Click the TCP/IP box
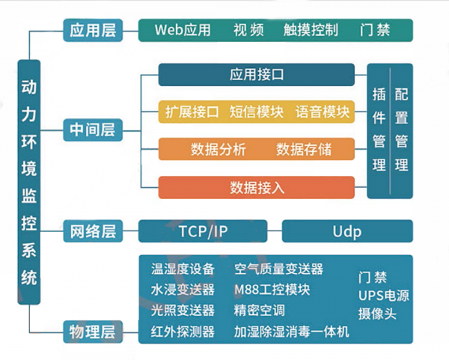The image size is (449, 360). pos(203,231)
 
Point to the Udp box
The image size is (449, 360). pos(346,231)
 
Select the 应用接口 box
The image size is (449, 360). pos(257,75)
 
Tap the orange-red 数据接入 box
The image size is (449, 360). pos(257,187)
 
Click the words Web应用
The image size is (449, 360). pos(183,30)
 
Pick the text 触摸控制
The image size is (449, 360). pos(311,30)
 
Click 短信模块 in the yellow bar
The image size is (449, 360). pos(257,112)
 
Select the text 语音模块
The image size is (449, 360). pos(323,112)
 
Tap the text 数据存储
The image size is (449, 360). pos(304,149)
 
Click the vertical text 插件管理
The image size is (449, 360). pos(379,129)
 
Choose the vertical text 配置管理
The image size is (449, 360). pos(401,129)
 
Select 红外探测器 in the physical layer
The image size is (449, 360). pos(183,331)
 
